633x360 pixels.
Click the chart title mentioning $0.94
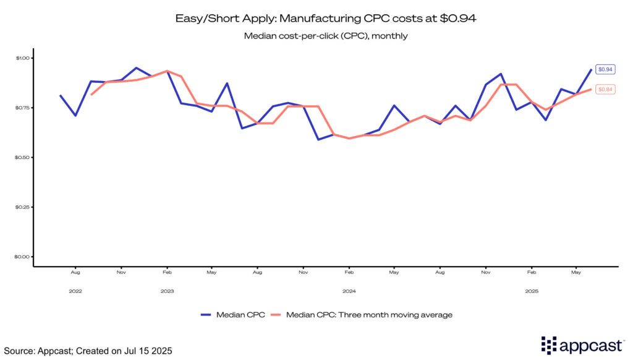point(316,19)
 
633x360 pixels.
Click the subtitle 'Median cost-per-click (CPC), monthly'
point(316,36)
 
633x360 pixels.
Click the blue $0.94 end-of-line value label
point(605,70)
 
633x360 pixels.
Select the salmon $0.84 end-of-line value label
point(605,90)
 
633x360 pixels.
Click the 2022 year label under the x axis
point(75,291)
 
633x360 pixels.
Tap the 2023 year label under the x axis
point(166,291)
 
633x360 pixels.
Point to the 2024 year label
point(349,291)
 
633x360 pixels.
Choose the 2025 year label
point(531,291)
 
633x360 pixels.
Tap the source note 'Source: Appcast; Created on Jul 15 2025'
point(87,351)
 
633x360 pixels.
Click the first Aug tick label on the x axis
point(75,272)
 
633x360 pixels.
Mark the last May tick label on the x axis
point(576,272)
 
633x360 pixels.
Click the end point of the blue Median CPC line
point(591,70)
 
